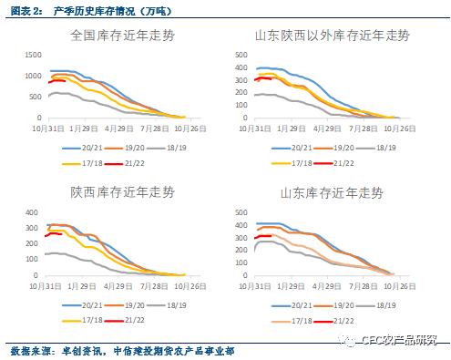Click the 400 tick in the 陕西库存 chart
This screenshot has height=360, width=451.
coord(35,211)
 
